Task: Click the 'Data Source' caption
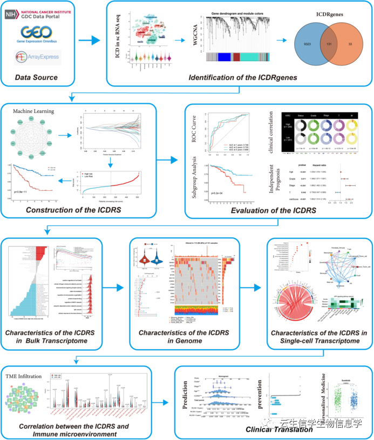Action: pyautogui.click(x=36, y=77)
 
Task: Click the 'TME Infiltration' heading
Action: pyautogui.click(x=24, y=372)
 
